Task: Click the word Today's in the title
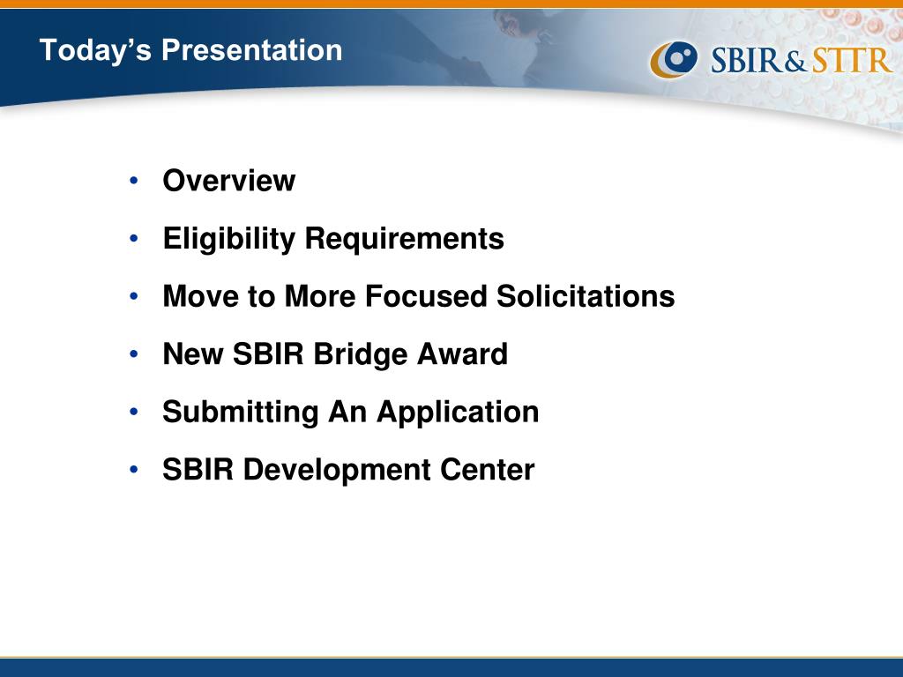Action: click(x=95, y=50)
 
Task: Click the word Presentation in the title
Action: click(x=251, y=49)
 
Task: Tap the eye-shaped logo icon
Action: click(x=674, y=59)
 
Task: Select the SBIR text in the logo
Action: click(x=747, y=60)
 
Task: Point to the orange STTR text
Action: click(x=853, y=60)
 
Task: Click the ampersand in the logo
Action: click(x=797, y=61)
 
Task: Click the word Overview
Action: click(x=229, y=181)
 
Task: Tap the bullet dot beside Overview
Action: click(x=134, y=181)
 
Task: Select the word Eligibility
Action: click(x=228, y=240)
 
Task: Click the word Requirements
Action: click(x=404, y=240)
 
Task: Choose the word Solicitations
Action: click(x=586, y=296)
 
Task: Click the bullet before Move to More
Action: click(x=134, y=296)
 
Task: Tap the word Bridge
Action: click(x=360, y=354)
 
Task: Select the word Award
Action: click(x=462, y=354)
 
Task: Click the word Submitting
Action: click(x=240, y=413)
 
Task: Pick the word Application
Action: click(x=458, y=413)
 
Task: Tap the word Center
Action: click(x=487, y=470)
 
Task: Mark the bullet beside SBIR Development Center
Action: click(x=134, y=470)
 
